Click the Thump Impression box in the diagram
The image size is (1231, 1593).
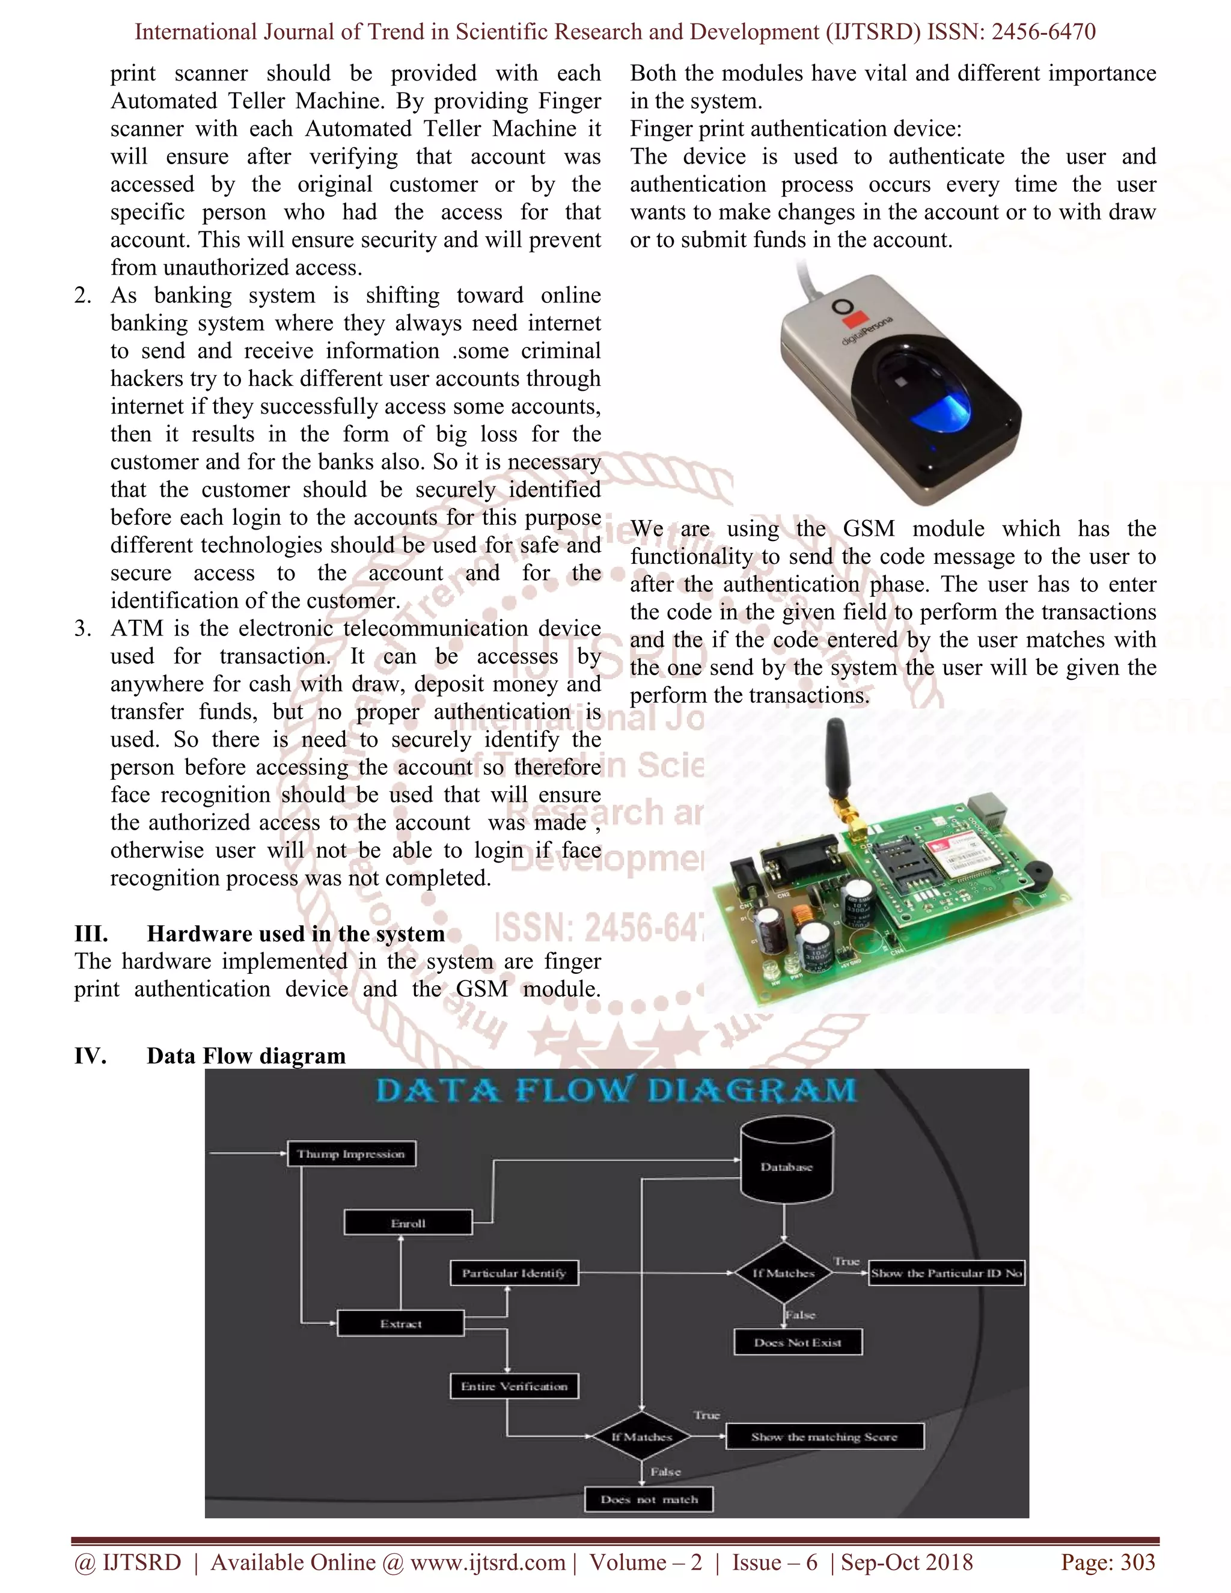351,1154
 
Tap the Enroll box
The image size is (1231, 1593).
408,1223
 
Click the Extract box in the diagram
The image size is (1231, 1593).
400,1324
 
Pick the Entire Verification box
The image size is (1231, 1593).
514,1386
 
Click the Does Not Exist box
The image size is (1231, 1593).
798,1342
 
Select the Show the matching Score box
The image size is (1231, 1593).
825,1437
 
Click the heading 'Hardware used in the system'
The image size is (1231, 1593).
295,934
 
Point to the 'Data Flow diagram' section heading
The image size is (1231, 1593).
246,1056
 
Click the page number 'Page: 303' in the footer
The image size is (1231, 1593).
1108,1562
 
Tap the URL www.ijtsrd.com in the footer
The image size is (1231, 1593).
487,1562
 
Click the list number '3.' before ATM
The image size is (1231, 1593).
82,628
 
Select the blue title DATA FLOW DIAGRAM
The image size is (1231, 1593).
616,1090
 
